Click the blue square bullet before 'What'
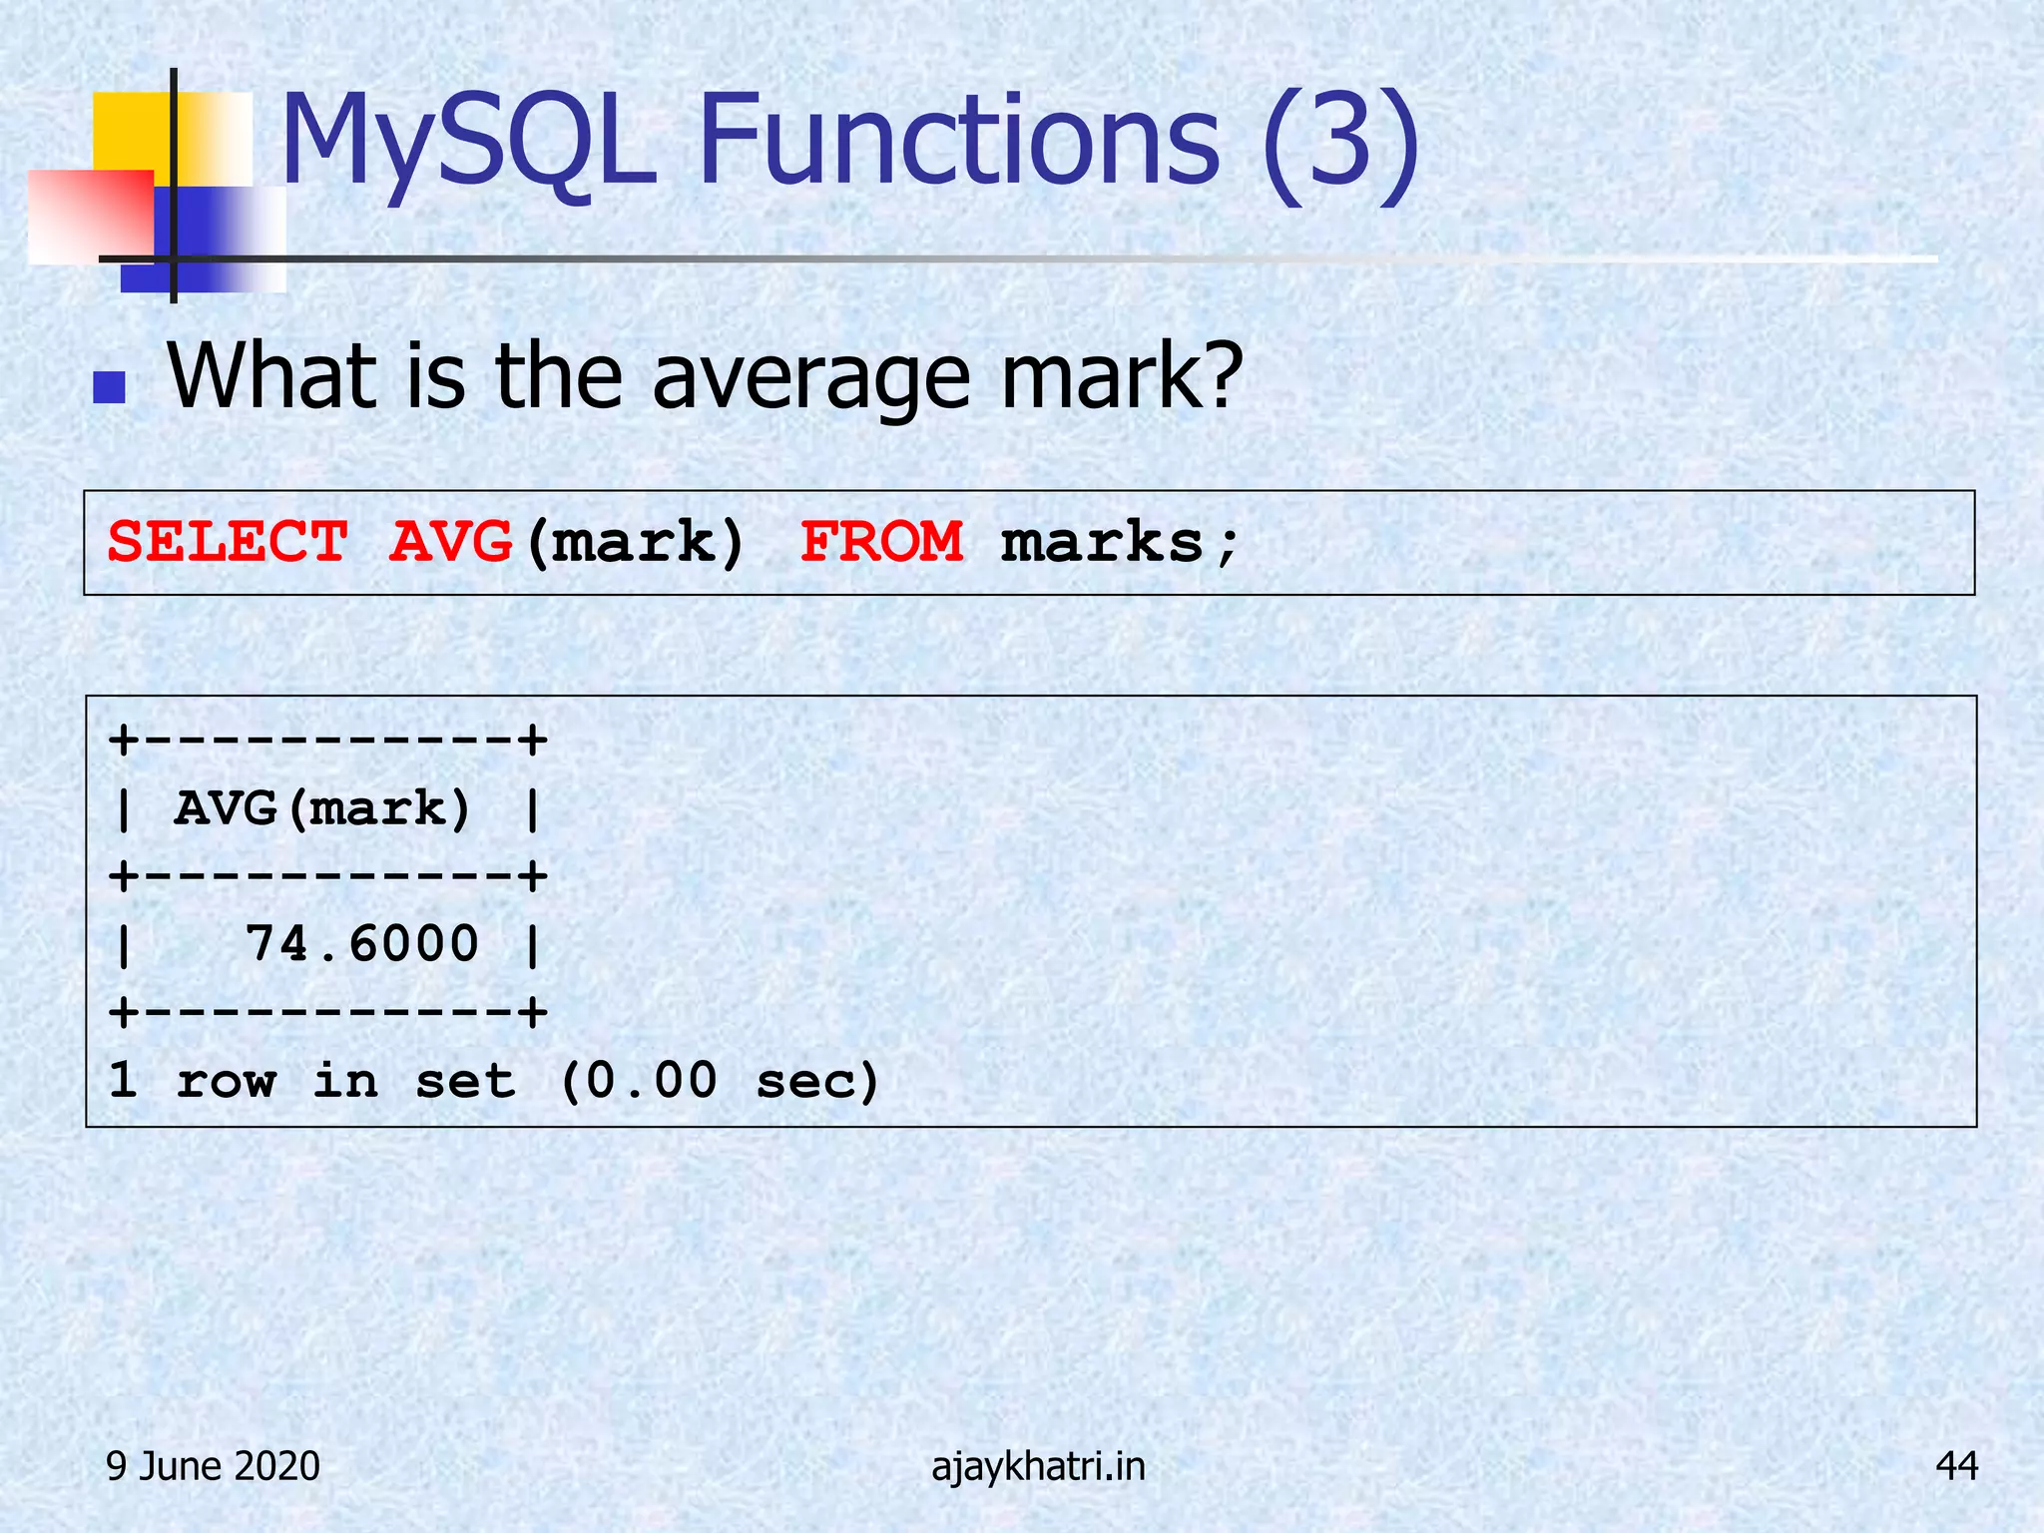pos(109,387)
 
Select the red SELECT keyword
pos(228,543)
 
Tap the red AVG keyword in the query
pos(451,543)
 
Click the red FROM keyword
pos(882,543)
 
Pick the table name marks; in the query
pos(1120,543)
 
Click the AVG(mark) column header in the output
pos(321,808)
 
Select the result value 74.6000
pos(361,944)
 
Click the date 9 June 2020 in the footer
pos(213,1466)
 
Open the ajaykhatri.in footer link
pos(1038,1466)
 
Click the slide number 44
pos(1956,1466)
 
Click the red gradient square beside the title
pos(90,216)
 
